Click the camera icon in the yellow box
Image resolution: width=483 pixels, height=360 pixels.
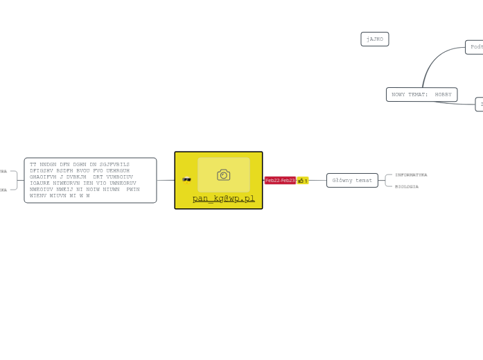223,174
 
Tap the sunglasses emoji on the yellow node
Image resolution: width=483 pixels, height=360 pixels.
186,180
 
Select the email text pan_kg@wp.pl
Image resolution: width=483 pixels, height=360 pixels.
223,199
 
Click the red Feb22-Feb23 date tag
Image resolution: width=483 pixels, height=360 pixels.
280,181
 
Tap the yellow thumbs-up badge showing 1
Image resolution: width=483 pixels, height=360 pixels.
302,181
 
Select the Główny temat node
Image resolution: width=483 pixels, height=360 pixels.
352,180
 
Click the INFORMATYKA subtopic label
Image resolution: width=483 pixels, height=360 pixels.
411,175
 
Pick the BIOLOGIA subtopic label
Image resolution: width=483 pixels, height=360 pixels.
407,186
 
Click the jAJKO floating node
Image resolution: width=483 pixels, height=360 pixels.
375,39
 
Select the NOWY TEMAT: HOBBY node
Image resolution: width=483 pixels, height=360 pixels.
421,94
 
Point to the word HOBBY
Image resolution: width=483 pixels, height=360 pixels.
443,94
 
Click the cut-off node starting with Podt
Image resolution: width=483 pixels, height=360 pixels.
475,47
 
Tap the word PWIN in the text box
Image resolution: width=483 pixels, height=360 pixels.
133,189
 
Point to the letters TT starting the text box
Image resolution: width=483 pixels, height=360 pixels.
33,164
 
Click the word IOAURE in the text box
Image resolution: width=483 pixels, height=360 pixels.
40,183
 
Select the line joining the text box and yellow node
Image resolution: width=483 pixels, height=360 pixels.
166,180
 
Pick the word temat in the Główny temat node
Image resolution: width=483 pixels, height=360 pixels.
364,180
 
